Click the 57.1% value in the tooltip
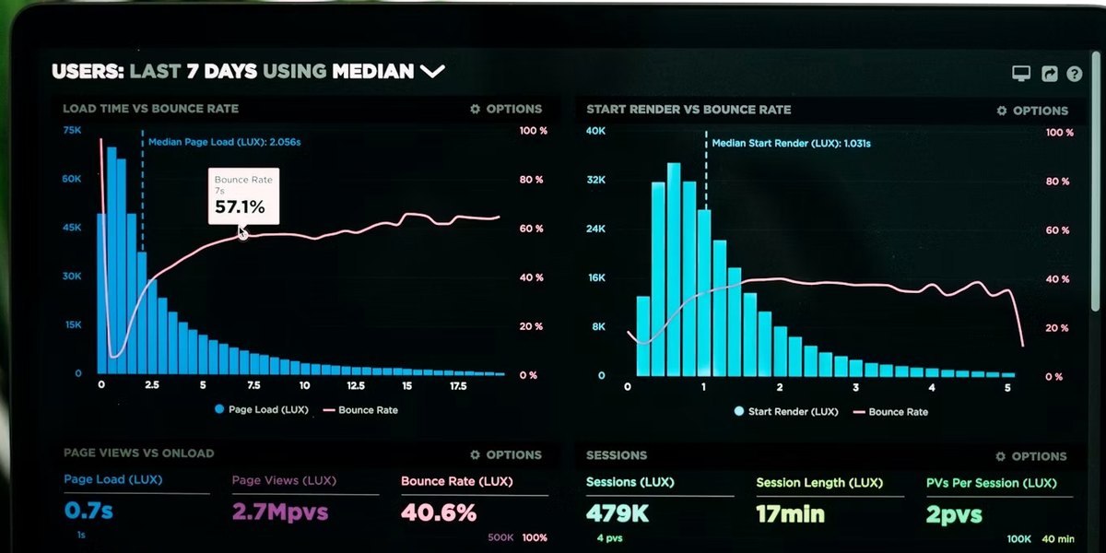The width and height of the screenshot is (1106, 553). [x=240, y=206]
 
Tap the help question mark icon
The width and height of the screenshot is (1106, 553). [x=1074, y=74]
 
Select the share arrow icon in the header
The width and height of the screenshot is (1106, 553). [x=1049, y=74]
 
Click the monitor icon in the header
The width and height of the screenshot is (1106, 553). [x=1021, y=73]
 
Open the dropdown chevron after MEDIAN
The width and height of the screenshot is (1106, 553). [x=432, y=72]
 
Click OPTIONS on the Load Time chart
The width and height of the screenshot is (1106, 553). [x=506, y=109]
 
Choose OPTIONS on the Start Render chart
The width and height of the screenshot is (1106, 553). [x=1032, y=111]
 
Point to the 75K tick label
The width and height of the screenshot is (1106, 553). [x=72, y=130]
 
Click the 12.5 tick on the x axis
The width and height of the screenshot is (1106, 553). [x=356, y=385]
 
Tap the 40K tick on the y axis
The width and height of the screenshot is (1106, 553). [x=595, y=131]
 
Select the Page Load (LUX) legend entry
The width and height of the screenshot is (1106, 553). [x=261, y=409]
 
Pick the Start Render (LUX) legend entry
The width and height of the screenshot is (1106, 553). [x=786, y=411]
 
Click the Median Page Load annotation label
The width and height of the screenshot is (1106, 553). [x=224, y=142]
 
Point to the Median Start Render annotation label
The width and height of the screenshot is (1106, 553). [x=791, y=143]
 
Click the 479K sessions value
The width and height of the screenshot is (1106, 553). [x=618, y=513]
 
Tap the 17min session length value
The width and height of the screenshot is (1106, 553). [x=790, y=514]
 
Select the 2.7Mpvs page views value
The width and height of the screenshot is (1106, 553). [x=280, y=512]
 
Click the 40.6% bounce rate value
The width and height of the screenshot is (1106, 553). [x=439, y=512]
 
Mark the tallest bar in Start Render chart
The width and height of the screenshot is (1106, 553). [x=674, y=269]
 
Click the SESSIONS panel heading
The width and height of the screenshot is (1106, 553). [x=617, y=455]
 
